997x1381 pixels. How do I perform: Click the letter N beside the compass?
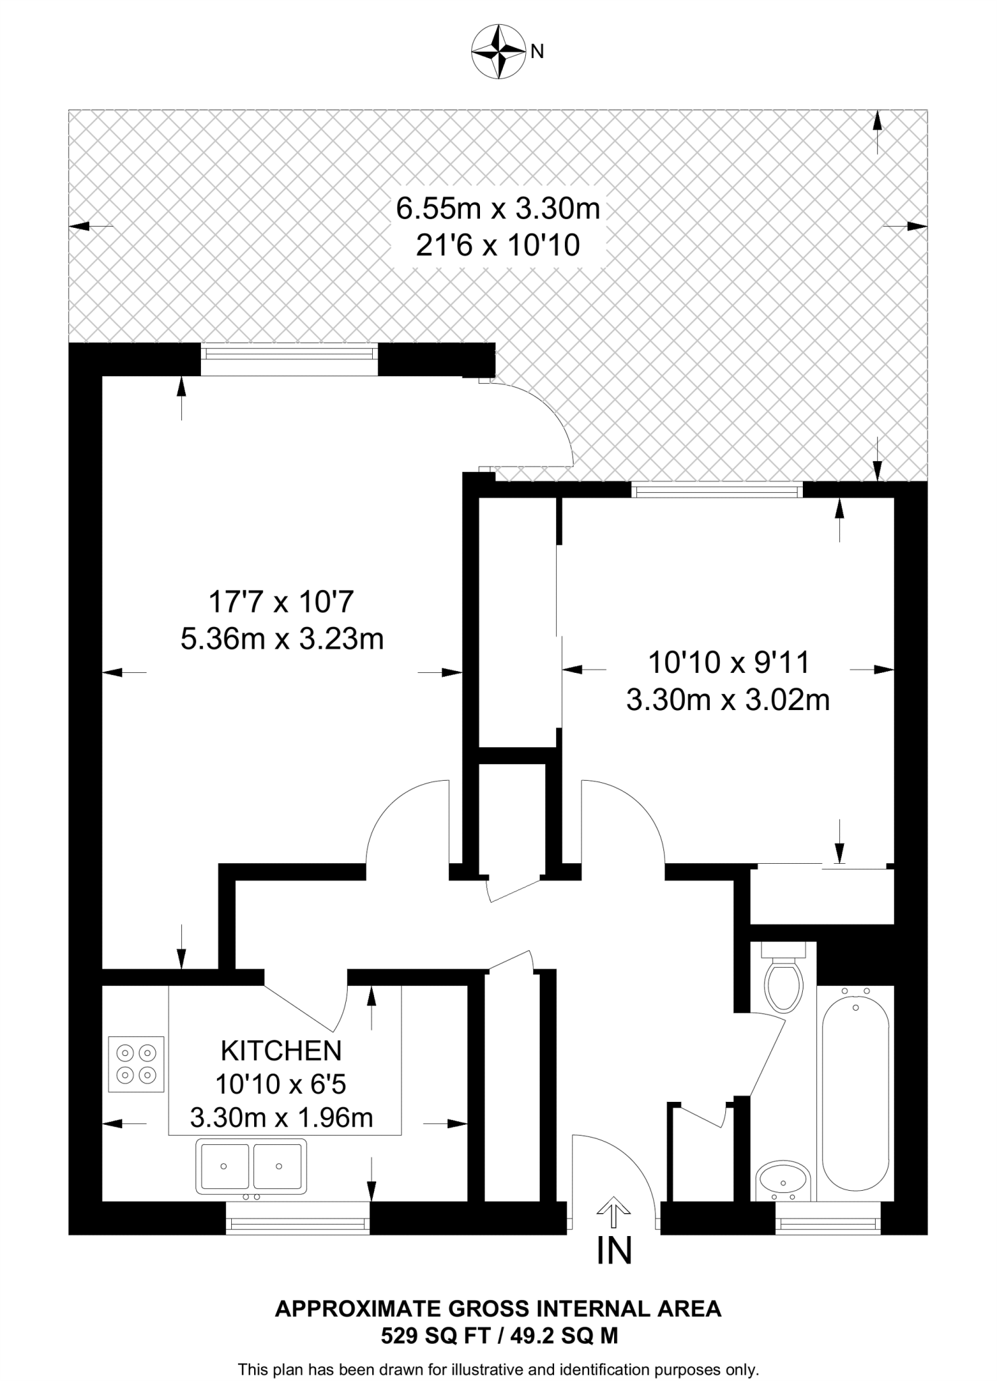[537, 52]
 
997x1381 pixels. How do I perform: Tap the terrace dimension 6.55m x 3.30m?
[497, 208]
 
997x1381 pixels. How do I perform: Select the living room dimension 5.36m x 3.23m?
[282, 638]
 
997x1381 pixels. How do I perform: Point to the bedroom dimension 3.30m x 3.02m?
[727, 700]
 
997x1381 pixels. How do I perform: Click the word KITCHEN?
[281, 1051]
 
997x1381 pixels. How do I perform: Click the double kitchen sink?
[251, 1165]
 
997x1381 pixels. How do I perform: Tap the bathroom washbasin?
[783, 1180]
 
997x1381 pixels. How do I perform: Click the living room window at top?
[289, 359]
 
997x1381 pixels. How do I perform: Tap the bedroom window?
[717, 490]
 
